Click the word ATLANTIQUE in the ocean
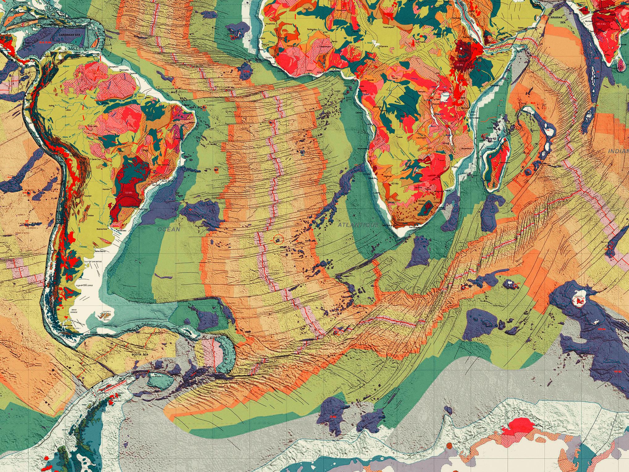pyautogui.click(x=358, y=225)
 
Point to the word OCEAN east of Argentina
pyautogui.click(x=169, y=229)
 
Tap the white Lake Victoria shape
pyautogui.click(x=445, y=96)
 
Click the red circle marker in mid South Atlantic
pyautogui.click(x=279, y=239)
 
